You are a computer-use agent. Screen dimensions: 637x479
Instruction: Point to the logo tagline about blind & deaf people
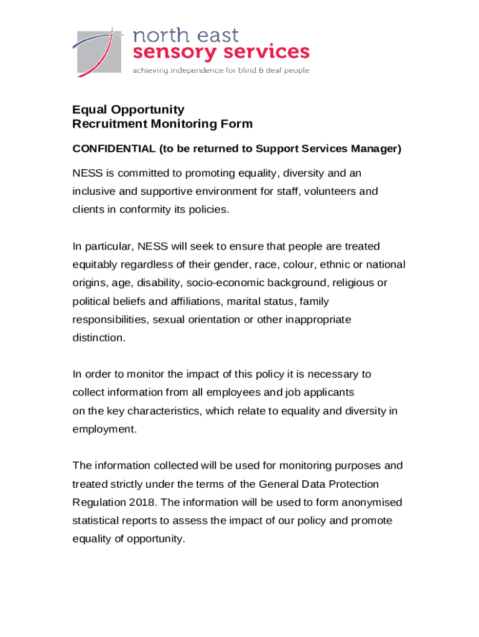[221, 71]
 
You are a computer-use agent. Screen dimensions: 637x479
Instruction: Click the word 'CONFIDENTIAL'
[114, 149]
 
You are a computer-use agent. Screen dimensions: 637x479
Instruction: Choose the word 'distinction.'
[99, 338]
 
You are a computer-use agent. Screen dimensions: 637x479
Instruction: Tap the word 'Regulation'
[96, 503]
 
